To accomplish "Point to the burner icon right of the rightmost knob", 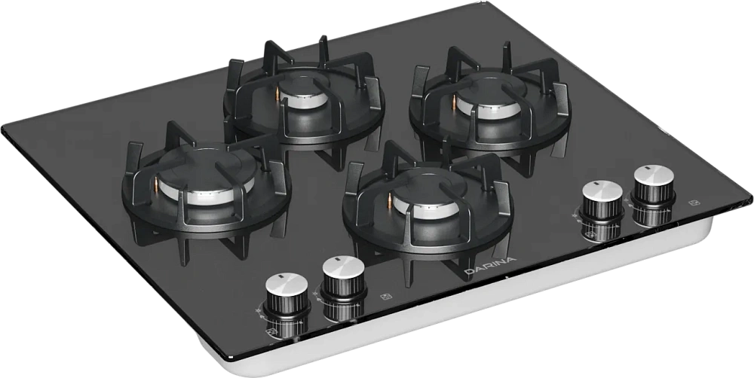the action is pyautogui.click(x=694, y=203).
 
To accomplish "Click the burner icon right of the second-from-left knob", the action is pyautogui.click(x=385, y=297).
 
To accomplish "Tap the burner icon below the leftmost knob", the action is pyautogui.click(x=271, y=332).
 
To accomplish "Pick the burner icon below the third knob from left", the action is pyautogui.click(x=590, y=236).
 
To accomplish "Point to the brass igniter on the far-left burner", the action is pyautogui.click(x=156, y=184).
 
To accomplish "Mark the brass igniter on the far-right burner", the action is pyautogui.click(x=454, y=100).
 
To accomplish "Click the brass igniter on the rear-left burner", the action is pyautogui.click(x=277, y=93).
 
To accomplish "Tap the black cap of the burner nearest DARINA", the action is pyautogui.click(x=428, y=185).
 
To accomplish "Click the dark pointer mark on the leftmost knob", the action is pyautogui.click(x=278, y=278).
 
